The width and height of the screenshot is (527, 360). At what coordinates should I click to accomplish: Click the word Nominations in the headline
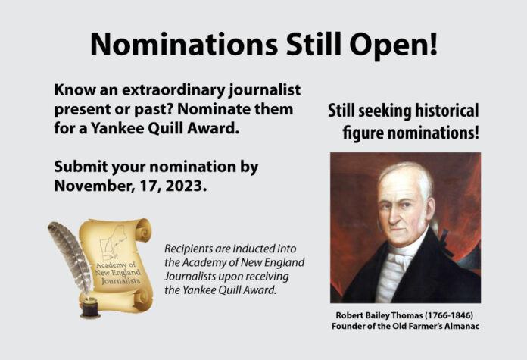coord(184,45)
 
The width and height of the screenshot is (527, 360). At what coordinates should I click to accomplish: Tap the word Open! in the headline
coord(394,45)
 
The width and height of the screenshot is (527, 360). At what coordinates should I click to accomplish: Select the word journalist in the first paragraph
coord(264,90)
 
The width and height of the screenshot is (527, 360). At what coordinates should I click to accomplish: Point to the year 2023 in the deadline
coord(186,186)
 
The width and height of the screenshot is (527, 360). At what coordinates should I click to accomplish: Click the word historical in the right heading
coord(447,111)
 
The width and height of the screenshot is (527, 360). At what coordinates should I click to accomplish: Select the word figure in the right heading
coord(363,133)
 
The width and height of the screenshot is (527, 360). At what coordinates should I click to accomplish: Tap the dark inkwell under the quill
coord(90,308)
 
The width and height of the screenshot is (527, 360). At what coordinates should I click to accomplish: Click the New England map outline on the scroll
coord(112,243)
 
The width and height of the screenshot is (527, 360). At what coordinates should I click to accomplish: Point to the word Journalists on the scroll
coord(121,280)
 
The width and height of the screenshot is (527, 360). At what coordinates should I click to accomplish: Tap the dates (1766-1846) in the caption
coord(449,315)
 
